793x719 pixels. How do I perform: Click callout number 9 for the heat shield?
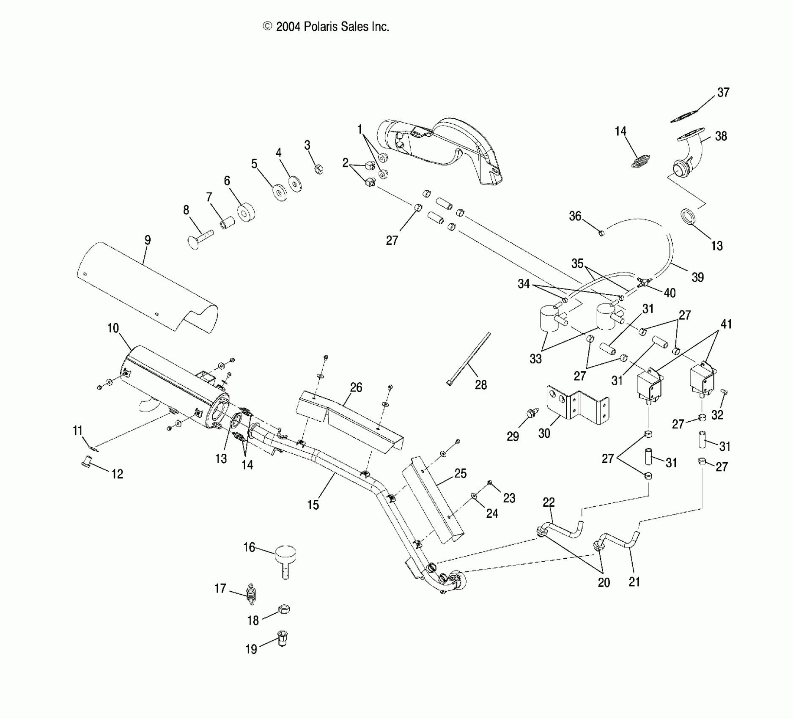click(147, 240)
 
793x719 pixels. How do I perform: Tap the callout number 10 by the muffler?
click(113, 328)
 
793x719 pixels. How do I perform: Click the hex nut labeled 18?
click(284, 609)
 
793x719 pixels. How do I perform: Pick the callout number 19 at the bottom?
click(251, 649)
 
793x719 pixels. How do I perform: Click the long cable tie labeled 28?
click(469, 358)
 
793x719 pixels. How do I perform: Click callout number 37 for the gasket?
click(723, 92)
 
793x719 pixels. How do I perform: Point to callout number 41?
click(726, 324)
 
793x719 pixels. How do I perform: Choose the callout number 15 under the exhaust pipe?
click(313, 505)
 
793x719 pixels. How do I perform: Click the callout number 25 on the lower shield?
click(460, 473)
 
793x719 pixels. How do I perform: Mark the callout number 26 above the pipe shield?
click(356, 387)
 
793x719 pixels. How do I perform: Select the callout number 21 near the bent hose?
click(634, 582)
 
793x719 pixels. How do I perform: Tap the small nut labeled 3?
click(319, 169)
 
